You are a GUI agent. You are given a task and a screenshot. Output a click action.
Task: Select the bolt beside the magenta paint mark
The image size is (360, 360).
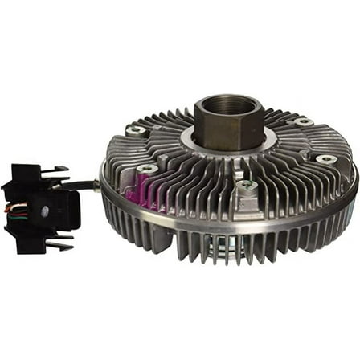point(146,169)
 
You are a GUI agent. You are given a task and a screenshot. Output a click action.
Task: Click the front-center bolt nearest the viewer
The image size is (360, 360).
point(247,186)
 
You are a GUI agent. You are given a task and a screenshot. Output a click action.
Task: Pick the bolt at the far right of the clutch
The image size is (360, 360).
point(325,159)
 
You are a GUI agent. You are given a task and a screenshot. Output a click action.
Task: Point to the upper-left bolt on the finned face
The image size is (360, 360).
point(137,130)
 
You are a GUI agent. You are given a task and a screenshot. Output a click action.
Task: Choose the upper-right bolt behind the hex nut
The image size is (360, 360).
point(302,122)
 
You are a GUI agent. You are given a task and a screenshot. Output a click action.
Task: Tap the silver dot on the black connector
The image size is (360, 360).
point(46,211)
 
